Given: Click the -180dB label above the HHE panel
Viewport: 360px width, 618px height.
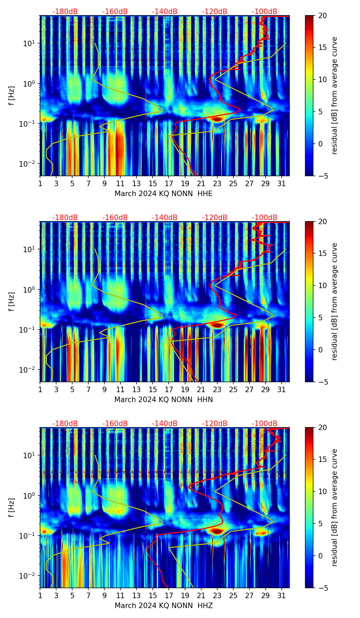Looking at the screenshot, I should click(65, 12).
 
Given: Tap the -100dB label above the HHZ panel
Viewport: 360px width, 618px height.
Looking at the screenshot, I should click(265, 424).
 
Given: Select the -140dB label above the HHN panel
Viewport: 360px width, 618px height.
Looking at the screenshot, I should click(165, 218).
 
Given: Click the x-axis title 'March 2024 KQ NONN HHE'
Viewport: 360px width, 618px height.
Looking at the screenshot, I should click(163, 194).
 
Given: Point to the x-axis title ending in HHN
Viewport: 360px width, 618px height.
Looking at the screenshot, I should click(163, 400).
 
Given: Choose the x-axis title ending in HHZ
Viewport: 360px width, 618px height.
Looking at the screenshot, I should click(163, 606).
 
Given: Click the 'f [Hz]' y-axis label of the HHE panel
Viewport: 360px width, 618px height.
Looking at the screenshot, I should click(12, 96).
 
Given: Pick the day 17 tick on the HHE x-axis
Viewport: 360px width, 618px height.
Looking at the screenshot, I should click(169, 183).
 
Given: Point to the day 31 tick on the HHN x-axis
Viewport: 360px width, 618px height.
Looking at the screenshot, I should click(281, 389).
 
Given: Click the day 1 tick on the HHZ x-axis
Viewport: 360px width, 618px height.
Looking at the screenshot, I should click(40, 595).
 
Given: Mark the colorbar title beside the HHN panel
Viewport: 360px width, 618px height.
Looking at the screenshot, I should click(334, 301).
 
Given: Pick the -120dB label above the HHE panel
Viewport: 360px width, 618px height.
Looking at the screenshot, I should click(215, 12).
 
